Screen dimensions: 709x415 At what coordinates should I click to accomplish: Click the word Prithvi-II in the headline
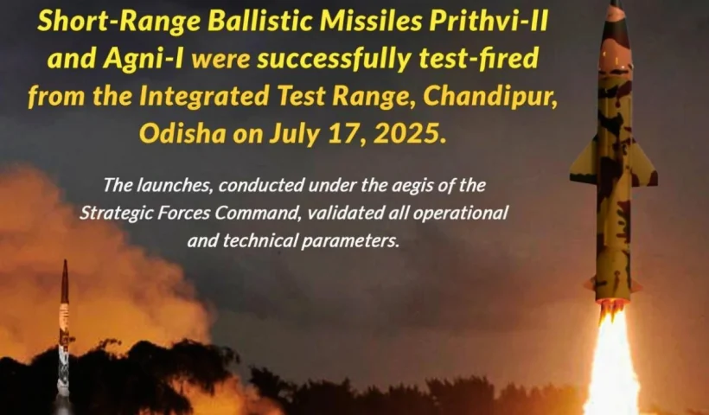489,22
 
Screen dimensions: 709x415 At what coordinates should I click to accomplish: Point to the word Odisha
182,133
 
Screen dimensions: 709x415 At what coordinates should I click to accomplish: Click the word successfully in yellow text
334,59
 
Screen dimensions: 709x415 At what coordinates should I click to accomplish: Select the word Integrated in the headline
203,97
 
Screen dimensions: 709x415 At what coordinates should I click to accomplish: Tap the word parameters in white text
350,241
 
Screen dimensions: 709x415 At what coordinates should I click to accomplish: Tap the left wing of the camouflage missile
584,162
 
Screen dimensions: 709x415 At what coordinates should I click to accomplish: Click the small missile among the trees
64,334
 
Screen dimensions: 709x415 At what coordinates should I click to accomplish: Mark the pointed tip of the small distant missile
65,260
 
